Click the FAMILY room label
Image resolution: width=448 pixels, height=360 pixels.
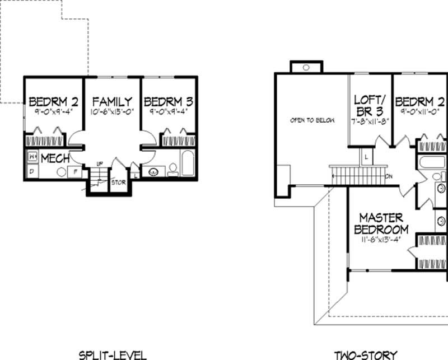pos(112,102)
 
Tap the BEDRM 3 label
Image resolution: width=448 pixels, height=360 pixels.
pos(169,102)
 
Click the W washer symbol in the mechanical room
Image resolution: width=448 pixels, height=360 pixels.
pos(32,156)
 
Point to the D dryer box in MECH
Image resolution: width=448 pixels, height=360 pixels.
pos(31,171)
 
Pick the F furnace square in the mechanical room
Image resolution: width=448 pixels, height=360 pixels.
pos(73,172)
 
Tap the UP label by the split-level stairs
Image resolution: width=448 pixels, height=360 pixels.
pos(99,163)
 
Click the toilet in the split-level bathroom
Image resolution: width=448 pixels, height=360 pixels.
pos(172,169)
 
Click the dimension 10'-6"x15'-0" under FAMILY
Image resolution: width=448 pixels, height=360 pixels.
pos(112,112)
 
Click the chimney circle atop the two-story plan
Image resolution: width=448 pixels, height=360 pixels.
pos(306,67)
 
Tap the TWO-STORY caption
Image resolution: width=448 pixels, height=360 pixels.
pos(365,354)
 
